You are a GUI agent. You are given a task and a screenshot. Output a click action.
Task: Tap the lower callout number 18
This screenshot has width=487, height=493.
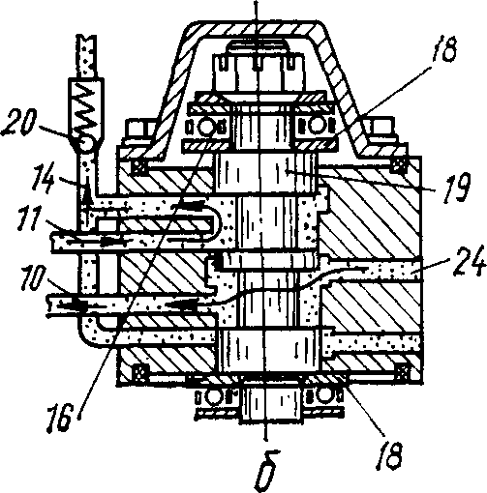pos(390,455)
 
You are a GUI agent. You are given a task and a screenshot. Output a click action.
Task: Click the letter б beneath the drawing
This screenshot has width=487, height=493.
pos(268,472)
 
